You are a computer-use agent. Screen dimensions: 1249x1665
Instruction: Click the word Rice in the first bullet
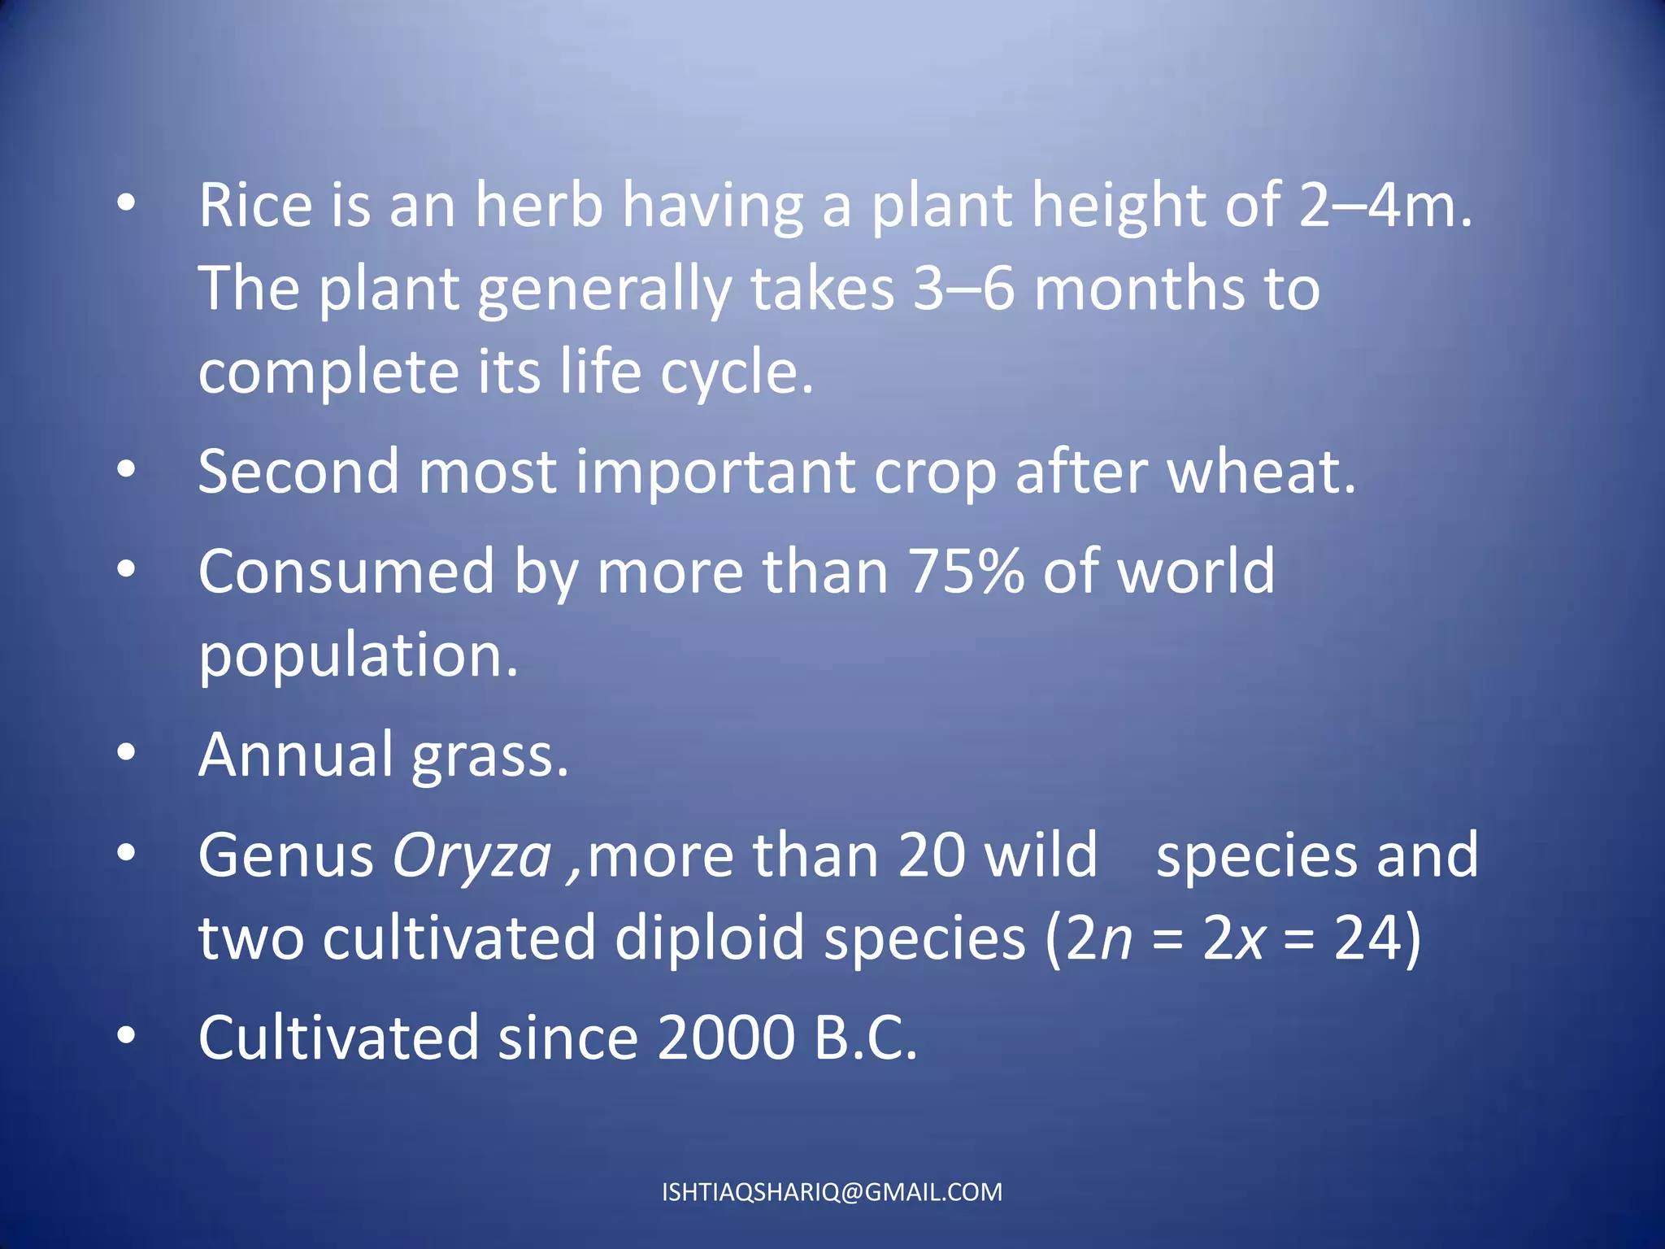(x=255, y=205)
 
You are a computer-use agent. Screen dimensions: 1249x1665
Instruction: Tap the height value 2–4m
(x=1385, y=205)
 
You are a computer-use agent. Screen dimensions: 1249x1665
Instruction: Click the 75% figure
(x=967, y=572)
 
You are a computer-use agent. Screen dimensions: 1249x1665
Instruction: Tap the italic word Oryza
(x=472, y=856)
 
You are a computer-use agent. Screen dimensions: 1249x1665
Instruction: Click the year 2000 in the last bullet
(x=726, y=1038)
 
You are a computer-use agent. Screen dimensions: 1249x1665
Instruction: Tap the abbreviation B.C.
(x=866, y=1038)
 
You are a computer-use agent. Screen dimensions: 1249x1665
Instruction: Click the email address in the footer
(x=832, y=1192)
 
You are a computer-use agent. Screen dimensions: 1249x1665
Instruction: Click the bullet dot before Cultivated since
(x=125, y=1037)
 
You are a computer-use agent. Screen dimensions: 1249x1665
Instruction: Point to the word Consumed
(x=346, y=572)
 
